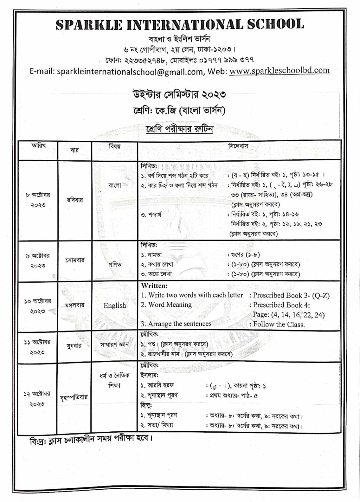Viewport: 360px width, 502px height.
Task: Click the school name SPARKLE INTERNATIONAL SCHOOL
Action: click(x=180, y=25)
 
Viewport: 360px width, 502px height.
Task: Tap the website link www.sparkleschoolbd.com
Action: click(x=279, y=70)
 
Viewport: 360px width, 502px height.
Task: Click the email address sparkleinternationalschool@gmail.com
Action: click(x=130, y=72)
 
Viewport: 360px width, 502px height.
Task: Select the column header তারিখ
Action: click(x=38, y=146)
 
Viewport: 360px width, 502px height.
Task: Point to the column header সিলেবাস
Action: click(x=238, y=146)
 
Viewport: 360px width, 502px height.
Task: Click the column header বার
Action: click(x=75, y=150)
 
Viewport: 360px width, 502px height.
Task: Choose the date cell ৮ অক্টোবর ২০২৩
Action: click(x=38, y=200)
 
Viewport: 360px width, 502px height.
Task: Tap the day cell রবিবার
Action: click(x=75, y=200)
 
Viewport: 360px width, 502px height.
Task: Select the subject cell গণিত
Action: click(x=115, y=264)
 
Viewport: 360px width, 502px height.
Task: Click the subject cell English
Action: click(x=115, y=306)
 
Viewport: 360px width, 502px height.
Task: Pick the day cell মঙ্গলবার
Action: click(x=75, y=305)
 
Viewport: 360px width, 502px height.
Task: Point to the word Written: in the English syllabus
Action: click(x=154, y=286)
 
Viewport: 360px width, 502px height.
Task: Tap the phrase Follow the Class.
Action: click(x=279, y=324)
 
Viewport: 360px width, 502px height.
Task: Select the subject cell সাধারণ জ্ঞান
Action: click(x=115, y=344)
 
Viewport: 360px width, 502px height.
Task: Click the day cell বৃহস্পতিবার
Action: click(x=74, y=397)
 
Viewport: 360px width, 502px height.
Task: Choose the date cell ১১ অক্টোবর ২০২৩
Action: click(x=37, y=347)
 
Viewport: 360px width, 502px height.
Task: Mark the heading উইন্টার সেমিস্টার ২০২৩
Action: click(x=179, y=94)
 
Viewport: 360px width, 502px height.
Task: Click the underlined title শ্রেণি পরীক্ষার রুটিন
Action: click(x=179, y=129)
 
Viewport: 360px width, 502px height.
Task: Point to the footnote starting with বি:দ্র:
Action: click(x=91, y=440)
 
